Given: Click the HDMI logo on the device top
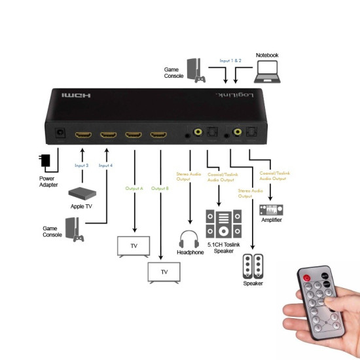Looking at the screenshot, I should (77, 95).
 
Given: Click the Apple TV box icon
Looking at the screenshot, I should (82, 193).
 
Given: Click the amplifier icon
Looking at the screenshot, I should (271, 210).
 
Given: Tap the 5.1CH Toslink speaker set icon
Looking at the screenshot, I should (223, 225).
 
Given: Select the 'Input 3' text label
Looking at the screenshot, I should (82, 166).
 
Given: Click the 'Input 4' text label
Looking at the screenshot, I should (105, 166).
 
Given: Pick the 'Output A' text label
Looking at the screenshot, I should (134, 189).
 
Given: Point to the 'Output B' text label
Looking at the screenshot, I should (160, 189).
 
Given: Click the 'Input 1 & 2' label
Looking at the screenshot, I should (230, 60).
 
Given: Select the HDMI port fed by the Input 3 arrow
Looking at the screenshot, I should (83, 136).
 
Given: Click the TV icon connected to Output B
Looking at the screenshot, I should (164, 271).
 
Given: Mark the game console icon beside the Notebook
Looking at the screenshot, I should (195, 70).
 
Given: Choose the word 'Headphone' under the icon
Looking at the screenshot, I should (190, 252).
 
